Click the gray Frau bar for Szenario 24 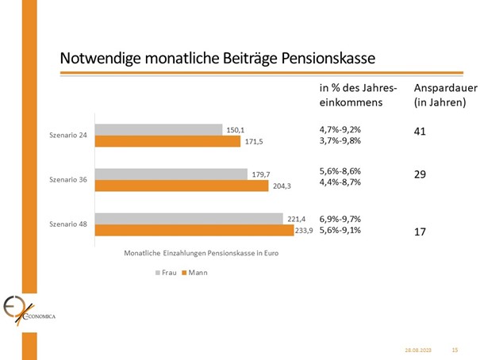tap(159, 129)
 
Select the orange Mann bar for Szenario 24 tap(167, 141)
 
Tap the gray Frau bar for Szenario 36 tap(171, 174)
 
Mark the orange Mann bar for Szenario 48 tap(194, 230)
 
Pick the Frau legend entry tap(165, 272)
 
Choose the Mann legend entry tap(192, 272)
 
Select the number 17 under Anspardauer tap(420, 232)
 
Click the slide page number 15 tap(455, 349)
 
